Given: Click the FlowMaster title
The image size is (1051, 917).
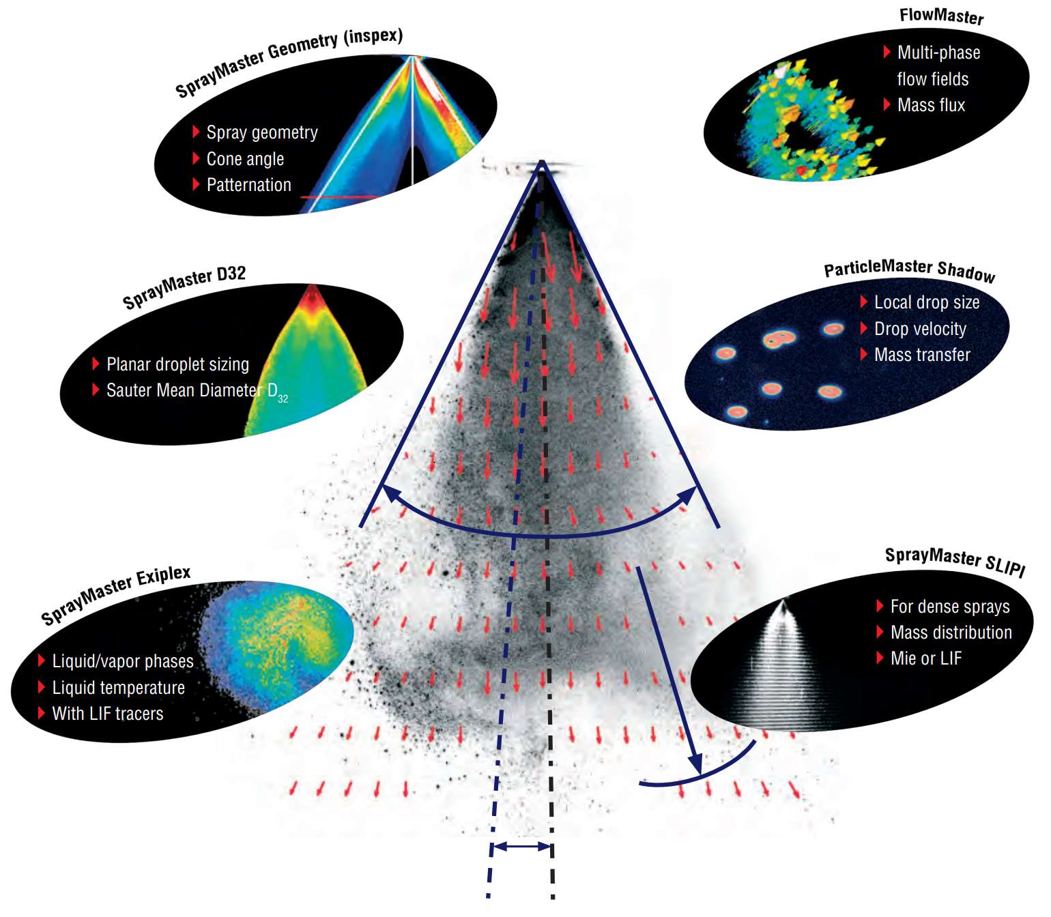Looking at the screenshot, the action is (941, 16).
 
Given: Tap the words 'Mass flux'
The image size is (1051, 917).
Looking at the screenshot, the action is (931, 105).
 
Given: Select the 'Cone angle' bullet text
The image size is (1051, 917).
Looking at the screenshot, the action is (245, 159).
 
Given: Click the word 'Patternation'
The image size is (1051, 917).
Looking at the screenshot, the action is (248, 184).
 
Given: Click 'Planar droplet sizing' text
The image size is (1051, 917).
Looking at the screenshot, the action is (177, 364).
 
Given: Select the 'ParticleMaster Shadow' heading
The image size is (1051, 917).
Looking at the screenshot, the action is (910, 270).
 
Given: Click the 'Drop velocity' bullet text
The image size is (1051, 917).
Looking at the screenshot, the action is (920, 329).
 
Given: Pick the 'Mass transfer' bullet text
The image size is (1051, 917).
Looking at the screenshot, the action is (922, 354).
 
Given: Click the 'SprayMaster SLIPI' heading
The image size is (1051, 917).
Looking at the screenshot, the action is (955, 562).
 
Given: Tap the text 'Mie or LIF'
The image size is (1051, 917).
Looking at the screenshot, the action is (926, 658).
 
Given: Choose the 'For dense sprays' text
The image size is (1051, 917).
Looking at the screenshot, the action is (950, 607).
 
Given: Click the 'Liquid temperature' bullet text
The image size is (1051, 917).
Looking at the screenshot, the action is (119, 688).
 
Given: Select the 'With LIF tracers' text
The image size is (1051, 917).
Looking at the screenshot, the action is (108, 713).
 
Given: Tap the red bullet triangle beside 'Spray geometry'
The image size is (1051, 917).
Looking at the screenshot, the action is (196, 132).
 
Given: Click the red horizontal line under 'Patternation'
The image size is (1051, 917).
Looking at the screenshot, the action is (340, 196).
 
